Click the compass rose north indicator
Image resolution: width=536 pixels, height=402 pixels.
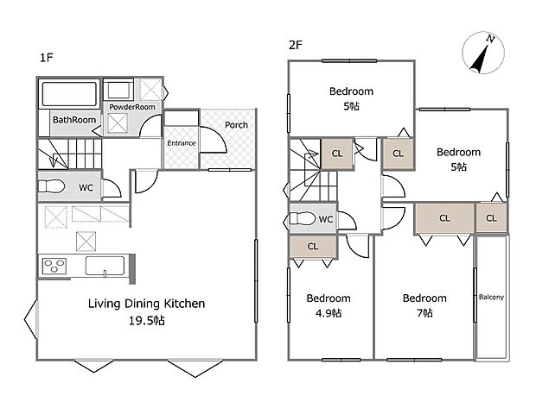pos(483,53)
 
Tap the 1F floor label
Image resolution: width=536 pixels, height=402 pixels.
pos(46,58)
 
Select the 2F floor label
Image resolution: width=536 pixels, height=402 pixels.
pos(296,45)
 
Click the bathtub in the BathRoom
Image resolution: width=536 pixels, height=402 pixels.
pos(69,94)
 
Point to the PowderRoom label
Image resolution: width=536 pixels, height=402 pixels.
pos(132,107)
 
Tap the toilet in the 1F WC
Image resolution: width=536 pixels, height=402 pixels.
pos(52,186)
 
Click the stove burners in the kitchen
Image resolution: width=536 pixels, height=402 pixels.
pos(54,266)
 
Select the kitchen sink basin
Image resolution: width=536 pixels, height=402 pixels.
pos(105,266)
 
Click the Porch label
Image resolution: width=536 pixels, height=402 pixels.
pos(236,125)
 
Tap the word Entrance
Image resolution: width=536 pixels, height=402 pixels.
pos(182,143)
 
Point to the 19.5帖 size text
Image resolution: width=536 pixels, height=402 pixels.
pos(147,321)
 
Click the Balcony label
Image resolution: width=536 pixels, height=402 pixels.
pos(491,297)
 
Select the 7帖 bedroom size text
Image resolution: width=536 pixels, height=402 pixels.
pos(424,312)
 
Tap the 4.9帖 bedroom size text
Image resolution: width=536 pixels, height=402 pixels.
pos(329,312)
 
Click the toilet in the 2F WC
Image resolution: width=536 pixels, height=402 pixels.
pos(303,218)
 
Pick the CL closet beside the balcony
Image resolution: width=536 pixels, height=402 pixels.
pos(491,218)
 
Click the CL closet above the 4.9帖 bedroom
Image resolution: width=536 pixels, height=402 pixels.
pos(313,246)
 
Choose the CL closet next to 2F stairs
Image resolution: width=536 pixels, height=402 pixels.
pos(337,154)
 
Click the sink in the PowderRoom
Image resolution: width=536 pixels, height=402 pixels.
pos(118,90)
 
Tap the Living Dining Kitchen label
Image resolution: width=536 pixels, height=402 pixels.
pos(147,304)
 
